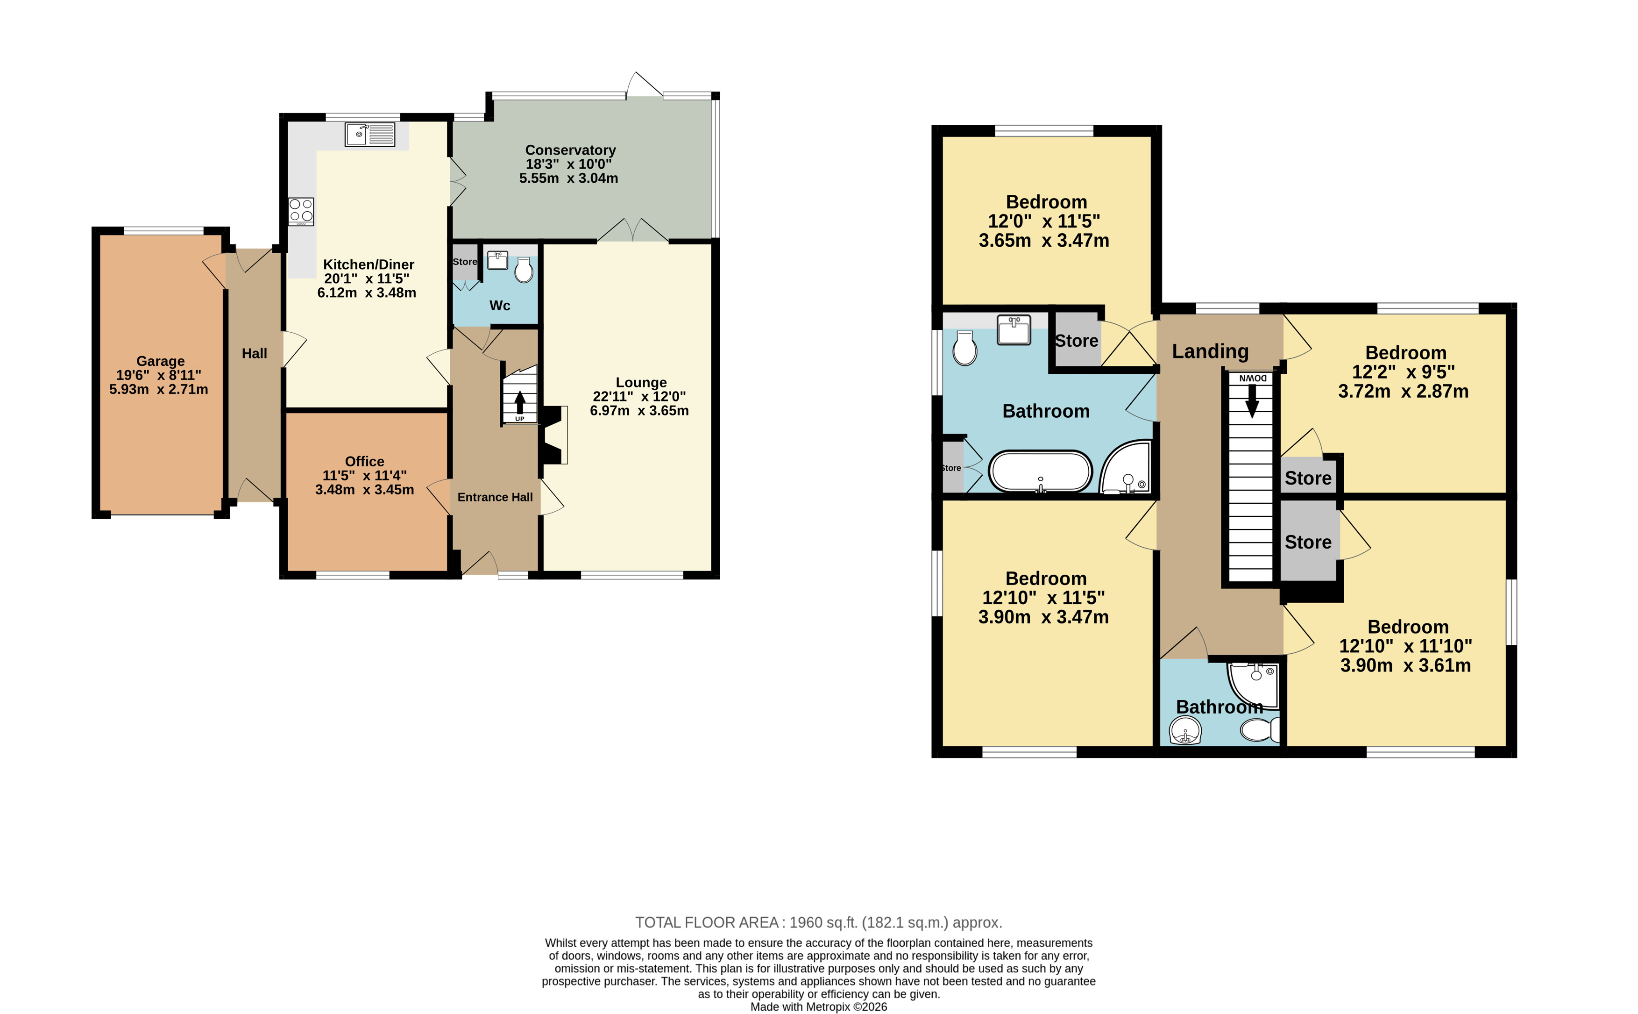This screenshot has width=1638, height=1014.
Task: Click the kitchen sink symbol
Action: (369, 134)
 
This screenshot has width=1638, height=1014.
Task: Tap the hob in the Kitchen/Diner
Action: (301, 211)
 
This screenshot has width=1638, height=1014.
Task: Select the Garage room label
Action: (160, 361)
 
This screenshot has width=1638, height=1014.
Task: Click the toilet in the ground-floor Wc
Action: (524, 270)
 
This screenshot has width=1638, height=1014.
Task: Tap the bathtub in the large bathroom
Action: (1040, 471)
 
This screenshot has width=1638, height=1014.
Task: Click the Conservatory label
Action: (570, 150)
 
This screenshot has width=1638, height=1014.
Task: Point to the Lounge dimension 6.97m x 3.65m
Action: (639, 410)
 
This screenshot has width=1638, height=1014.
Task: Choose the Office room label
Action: (365, 461)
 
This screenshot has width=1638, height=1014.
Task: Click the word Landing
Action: (1210, 351)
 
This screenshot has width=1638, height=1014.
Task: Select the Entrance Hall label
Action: (495, 497)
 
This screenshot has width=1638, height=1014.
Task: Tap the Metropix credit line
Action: (818, 1007)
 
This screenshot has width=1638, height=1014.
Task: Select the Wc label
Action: (499, 306)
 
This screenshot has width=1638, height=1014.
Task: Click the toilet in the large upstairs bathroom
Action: (964, 347)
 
